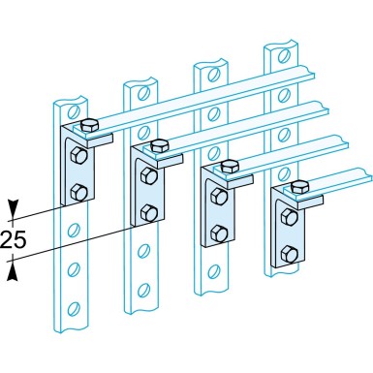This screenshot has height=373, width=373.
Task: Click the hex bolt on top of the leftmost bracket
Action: click(x=89, y=125)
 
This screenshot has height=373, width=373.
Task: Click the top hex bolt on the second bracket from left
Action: click(x=161, y=145)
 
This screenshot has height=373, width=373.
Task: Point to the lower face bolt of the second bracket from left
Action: click(x=150, y=210)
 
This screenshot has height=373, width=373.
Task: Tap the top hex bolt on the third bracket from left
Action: click(x=230, y=167)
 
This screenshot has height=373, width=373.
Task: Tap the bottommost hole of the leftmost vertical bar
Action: click(x=72, y=311)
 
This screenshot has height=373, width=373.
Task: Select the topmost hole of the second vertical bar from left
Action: click(x=141, y=92)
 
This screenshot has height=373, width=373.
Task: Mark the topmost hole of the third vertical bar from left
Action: click(x=211, y=76)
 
